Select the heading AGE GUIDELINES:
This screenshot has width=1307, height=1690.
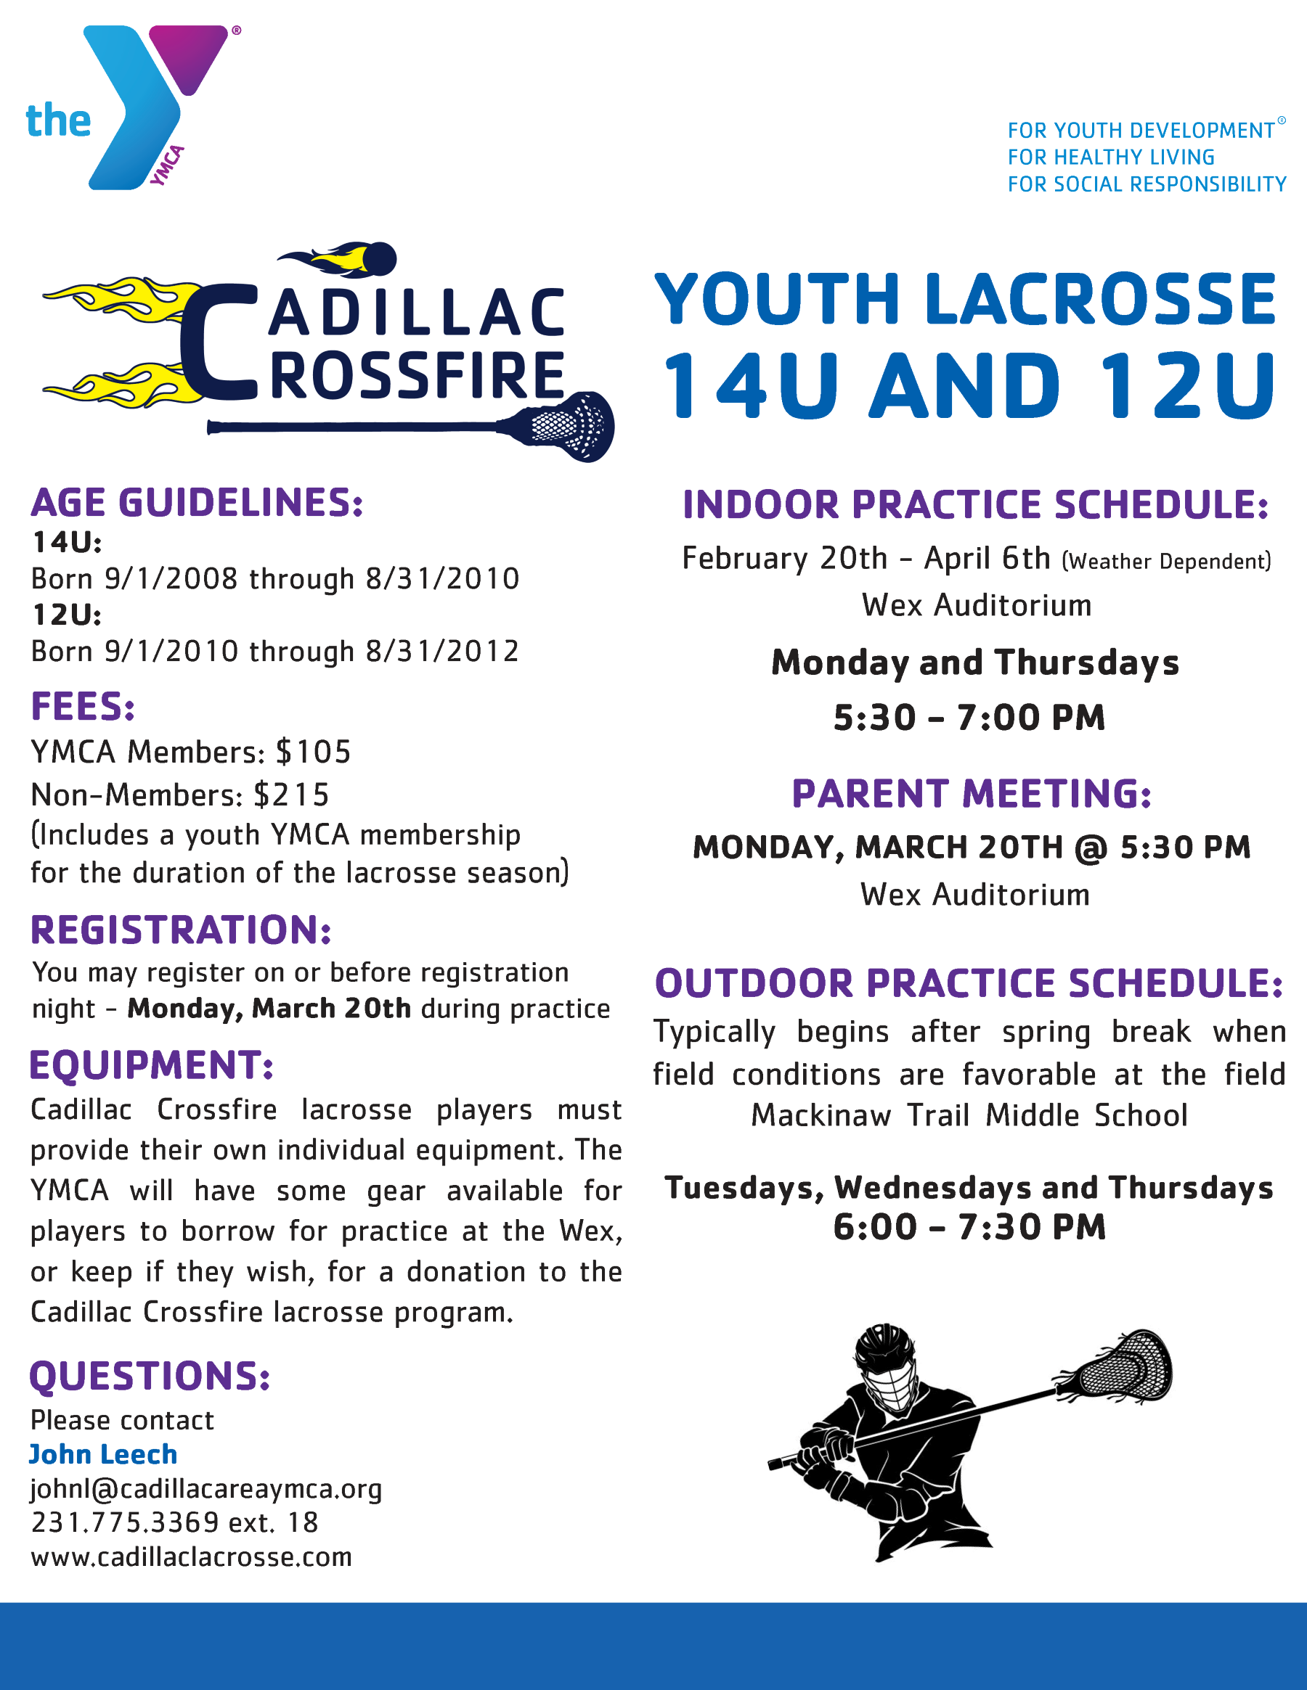click(197, 503)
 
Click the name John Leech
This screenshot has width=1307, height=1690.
click(103, 1455)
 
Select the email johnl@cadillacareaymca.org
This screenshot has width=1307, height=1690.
click(206, 1489)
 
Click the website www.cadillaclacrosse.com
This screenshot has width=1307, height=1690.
click(191, 1557)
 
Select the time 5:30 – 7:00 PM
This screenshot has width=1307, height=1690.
click(969, 718)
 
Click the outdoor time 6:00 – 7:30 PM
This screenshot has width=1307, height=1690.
click(969, 1227)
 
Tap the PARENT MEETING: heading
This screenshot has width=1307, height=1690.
click(971, 794)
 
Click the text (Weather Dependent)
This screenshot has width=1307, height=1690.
click(1166, 561)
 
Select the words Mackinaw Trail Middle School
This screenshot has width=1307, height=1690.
click(969, 1116)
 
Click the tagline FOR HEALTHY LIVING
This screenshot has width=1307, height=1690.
click(1111, 157)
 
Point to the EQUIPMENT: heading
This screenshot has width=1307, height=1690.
click(152, 1065)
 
